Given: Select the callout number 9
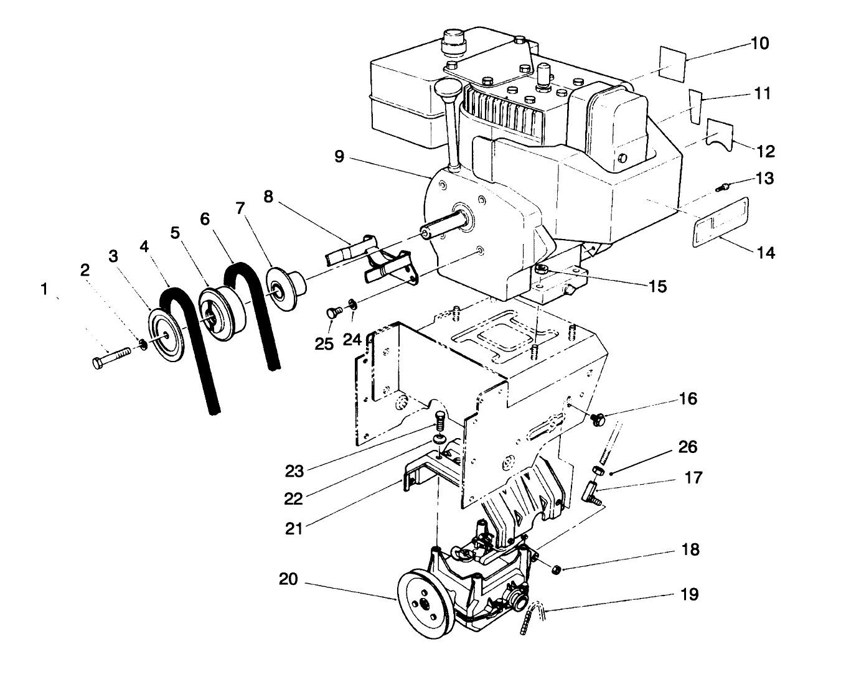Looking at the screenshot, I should (339, 156).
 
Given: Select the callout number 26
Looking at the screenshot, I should (688, 447).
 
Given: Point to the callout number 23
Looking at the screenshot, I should (294, 471).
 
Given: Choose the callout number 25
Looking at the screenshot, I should (324, 343).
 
